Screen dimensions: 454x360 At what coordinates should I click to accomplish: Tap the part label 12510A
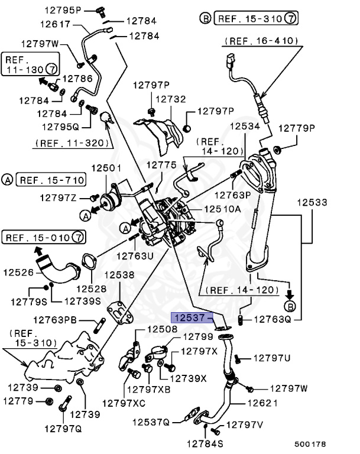click(222, 209)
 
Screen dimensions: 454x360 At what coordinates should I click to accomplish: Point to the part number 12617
click(56, 24)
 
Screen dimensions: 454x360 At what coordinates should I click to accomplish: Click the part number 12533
click(312, 202)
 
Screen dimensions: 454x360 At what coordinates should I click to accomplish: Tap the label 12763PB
click(55, 320)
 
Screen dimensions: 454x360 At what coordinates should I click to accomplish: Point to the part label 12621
click(262, 403)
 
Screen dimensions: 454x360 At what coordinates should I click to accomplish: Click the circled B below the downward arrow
click(289, 306)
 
